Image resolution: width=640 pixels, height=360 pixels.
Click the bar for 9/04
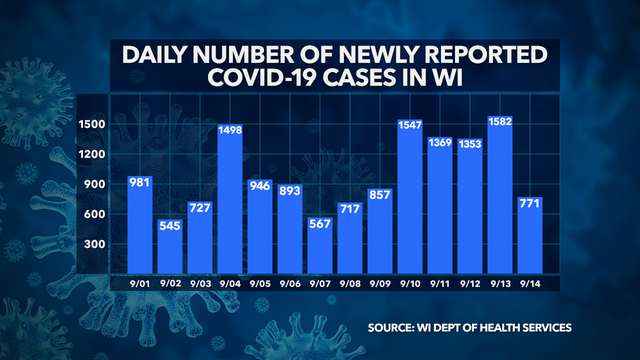[230, 200]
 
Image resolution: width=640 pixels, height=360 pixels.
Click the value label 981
[140, 183]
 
